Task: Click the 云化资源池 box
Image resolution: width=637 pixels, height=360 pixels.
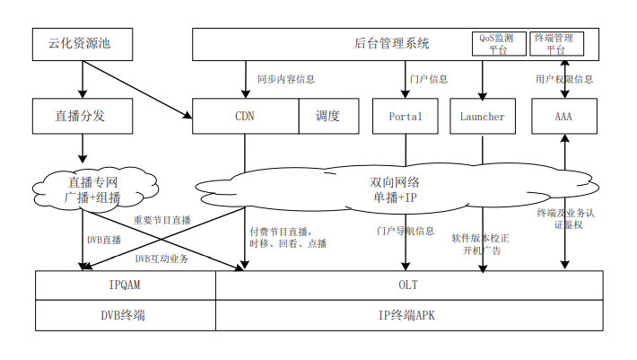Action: pos(82,41)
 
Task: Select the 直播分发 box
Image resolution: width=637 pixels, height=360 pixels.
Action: pos(82,116)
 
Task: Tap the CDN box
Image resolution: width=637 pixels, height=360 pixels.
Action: pos(245,116)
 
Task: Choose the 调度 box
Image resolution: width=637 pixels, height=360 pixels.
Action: pos(327,116)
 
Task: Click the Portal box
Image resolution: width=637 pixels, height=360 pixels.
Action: pos(405,116)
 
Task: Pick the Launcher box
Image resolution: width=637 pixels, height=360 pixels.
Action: pos(482,116)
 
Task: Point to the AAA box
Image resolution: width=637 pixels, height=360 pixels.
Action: pos(563,116)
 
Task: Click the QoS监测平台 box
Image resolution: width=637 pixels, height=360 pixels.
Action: pos(498,43)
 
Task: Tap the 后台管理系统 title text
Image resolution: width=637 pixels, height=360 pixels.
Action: pos(392,42)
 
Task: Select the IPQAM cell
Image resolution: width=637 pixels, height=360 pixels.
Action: pos(126,285)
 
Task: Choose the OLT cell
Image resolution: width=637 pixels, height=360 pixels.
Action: pos(408,285)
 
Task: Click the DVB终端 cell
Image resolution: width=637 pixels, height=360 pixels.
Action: pos(126,315)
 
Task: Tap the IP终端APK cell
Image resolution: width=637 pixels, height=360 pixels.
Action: pos(408,315)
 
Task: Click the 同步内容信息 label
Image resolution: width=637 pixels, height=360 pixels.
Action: pos(285,79)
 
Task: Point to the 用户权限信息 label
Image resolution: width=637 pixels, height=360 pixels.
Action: pos(563,79)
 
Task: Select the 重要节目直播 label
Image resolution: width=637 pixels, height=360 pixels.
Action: pos(162,220)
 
